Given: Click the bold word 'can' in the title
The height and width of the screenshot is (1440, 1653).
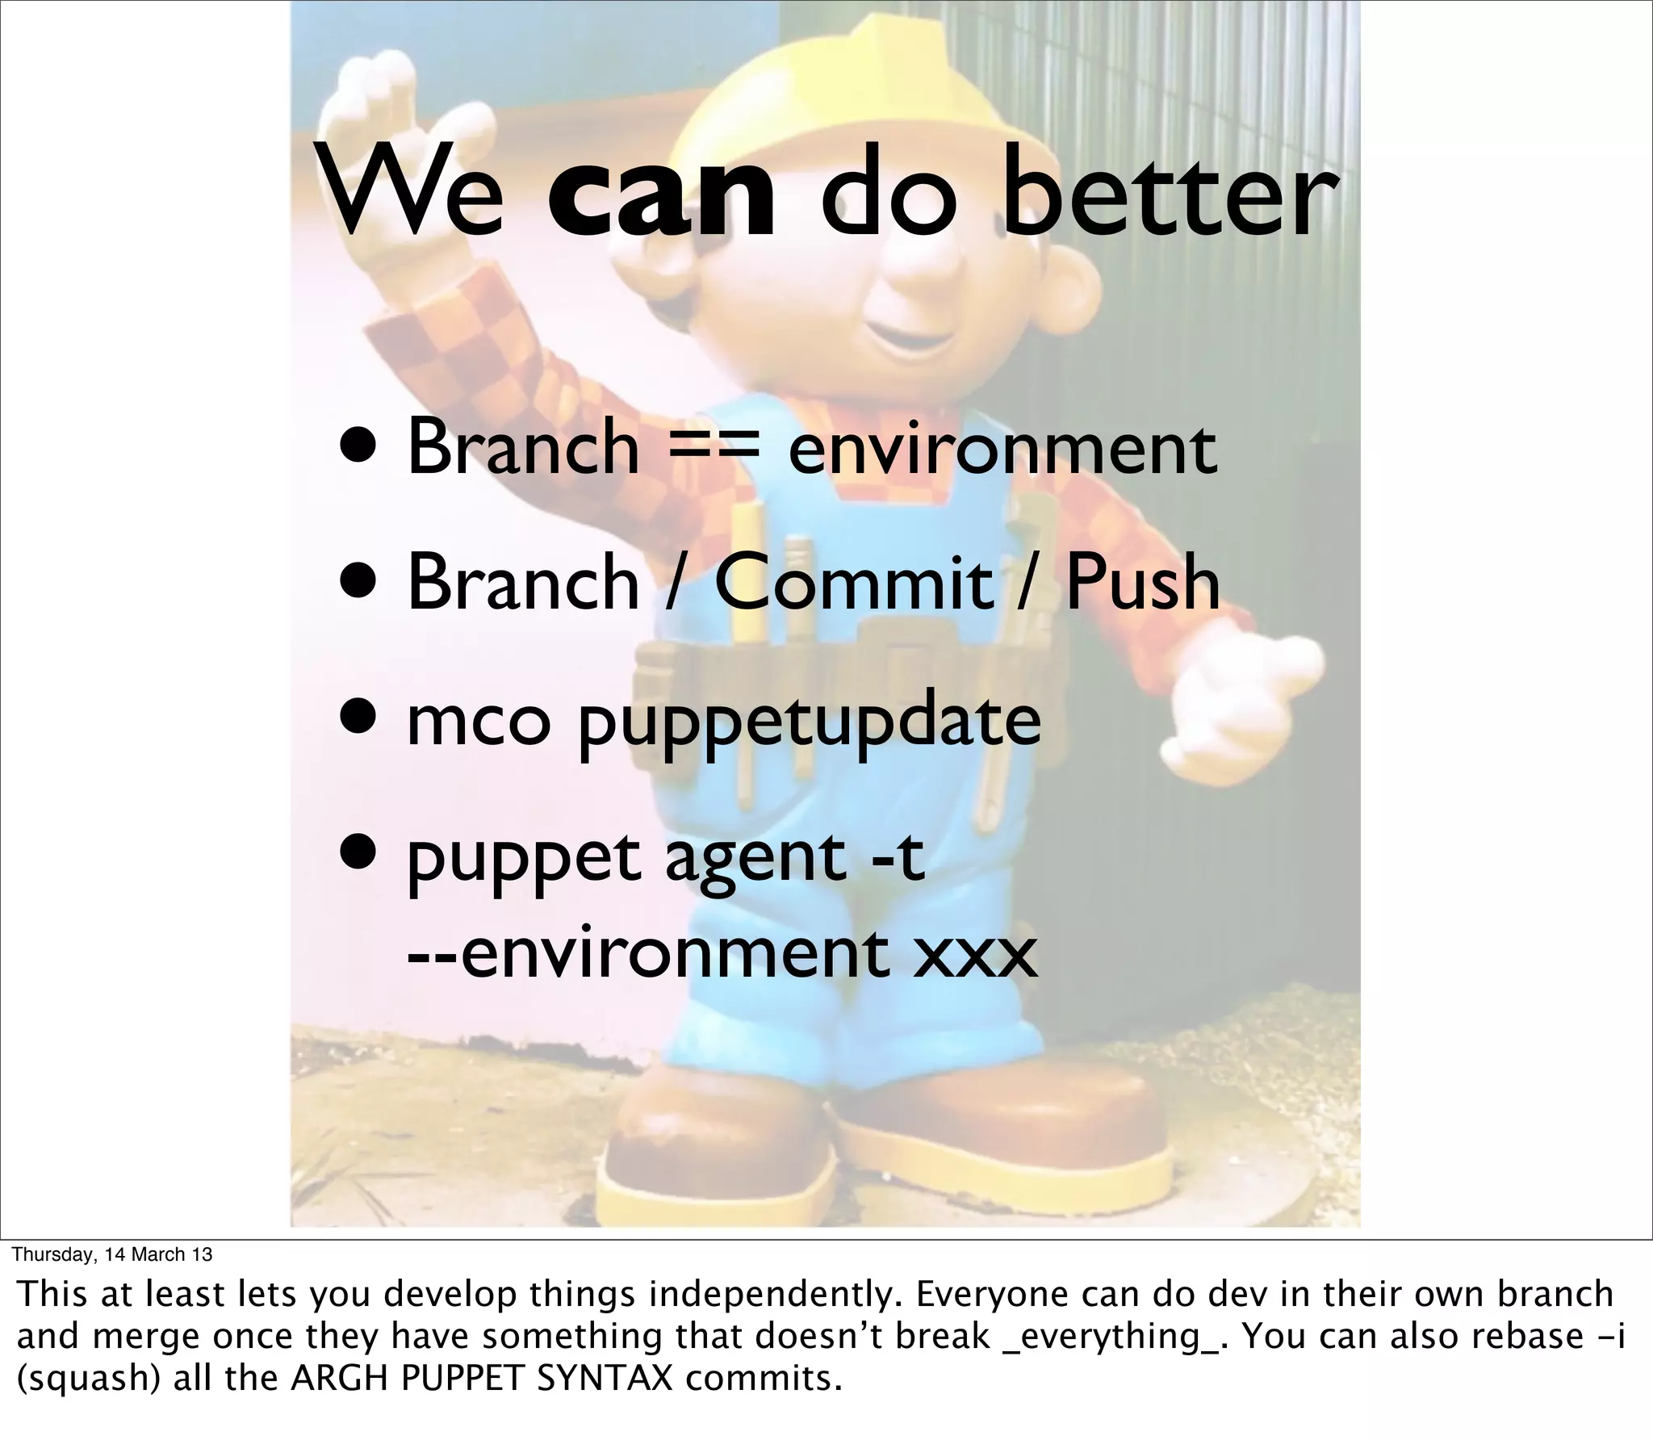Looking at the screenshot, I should (x=661, y=199).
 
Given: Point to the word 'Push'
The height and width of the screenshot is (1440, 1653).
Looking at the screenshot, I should (x=1142, y=582).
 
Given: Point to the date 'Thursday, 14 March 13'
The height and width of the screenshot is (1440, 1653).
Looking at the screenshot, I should (x=112, y=1254).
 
